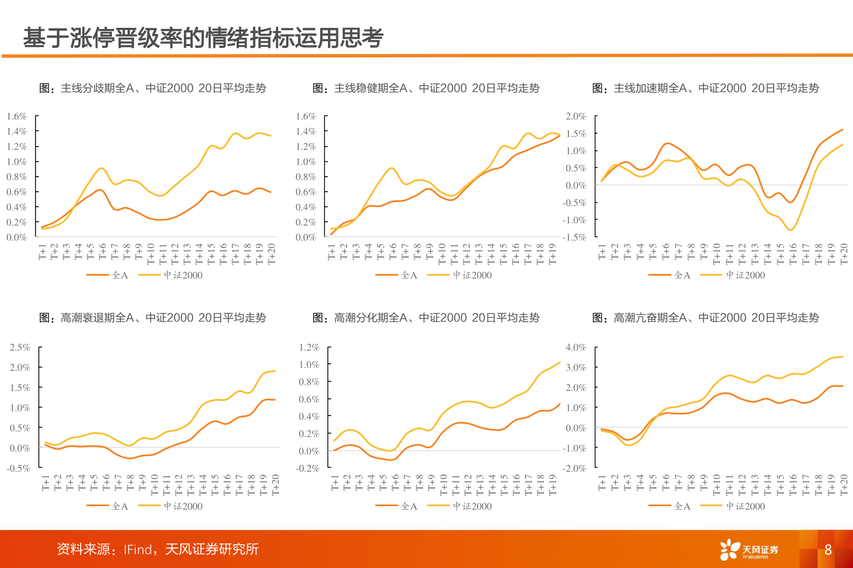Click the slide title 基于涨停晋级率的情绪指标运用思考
click(203, 38)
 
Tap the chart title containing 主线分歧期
click(153, 88)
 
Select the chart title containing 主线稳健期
click(426, 88)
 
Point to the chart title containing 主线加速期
click(705, 88)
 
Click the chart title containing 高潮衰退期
click(153, 317)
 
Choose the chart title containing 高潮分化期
click(426, 317)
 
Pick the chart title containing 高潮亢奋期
click(705, 317)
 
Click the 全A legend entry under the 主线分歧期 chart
click(108, 275)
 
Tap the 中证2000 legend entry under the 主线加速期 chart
click(733, 275)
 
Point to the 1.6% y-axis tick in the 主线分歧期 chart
click(17, 116)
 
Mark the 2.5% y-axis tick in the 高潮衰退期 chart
click(19, 347)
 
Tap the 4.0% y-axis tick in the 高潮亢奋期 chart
click(576, 347)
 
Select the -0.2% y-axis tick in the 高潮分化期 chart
click(308, 468)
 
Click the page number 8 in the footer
click(828, 550)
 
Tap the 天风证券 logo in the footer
click(749, 550)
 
